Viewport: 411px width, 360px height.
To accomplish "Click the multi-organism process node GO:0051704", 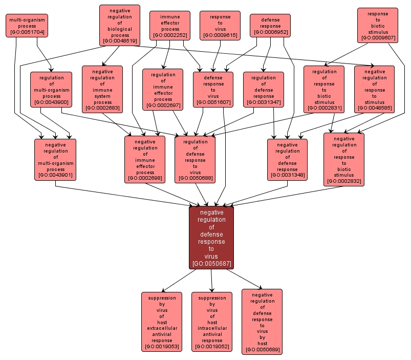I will (x=27, y=26).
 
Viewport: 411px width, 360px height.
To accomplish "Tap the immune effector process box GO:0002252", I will (x=170, y=26).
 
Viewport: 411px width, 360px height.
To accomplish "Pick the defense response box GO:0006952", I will (x=270, y=26).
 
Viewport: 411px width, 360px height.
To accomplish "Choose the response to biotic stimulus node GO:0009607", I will (x=378, y=25).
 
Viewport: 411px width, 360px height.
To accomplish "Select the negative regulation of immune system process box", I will (x=102, y=89).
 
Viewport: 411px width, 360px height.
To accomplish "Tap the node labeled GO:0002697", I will (x=163, y=89).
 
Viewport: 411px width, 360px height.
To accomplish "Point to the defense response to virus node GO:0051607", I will (x=213, y=89).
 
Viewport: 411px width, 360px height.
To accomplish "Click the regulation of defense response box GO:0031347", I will (x=264, y=89).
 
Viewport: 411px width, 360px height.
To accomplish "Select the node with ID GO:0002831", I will (x=324, y=89).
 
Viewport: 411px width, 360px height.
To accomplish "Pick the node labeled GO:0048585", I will (x=374, y=89).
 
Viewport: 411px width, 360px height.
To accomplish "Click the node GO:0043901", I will (x=55, y=159).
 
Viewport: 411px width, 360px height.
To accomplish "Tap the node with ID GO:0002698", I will (x=145, y=159).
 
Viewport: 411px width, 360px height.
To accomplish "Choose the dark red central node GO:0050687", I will (x=211, y=238).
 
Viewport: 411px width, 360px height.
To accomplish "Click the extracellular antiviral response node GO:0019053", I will (x=162, y=322).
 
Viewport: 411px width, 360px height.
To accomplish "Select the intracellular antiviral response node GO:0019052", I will (x=212, y=322).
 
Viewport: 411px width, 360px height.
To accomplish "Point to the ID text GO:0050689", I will (x=262, y=350).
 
